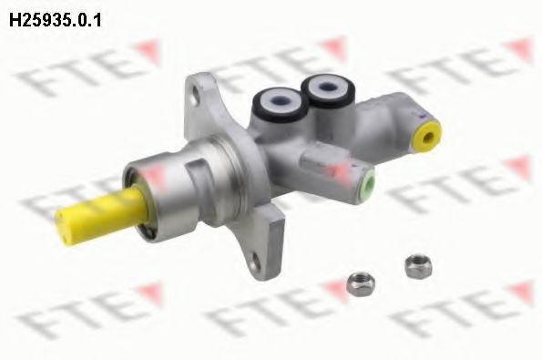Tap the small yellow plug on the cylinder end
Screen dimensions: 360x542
point(426,138)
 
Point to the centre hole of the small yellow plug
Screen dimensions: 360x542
point(426,139)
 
